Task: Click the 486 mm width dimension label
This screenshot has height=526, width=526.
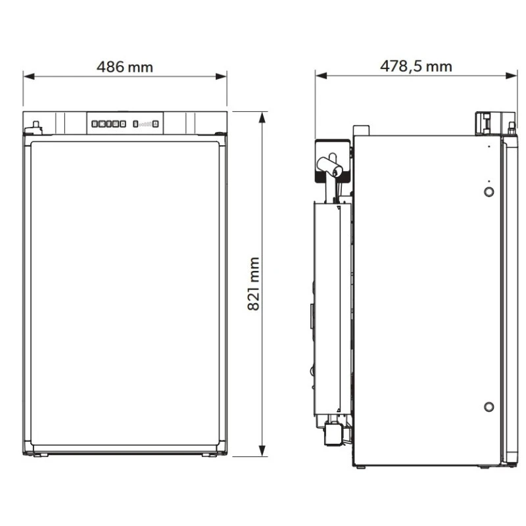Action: click(x=125, y=67)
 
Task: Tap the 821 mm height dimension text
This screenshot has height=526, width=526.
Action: click(x=254, y=284)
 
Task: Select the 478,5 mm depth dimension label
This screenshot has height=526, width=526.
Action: click(x=416, y=66)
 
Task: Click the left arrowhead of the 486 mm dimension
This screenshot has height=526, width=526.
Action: click(x=29, y=76)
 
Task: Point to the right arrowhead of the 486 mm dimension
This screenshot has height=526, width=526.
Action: click(x=221, y=76)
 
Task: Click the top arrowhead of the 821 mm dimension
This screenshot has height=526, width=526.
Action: click(x=262, y=117)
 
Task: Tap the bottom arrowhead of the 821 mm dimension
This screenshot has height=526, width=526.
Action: click(x=262, y=450)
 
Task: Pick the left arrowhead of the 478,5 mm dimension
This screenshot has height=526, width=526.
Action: click(x=321, y=76)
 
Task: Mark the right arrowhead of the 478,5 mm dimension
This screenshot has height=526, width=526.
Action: click(x=512, y=76)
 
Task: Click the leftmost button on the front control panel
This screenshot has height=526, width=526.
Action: click(x=95, y=124)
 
